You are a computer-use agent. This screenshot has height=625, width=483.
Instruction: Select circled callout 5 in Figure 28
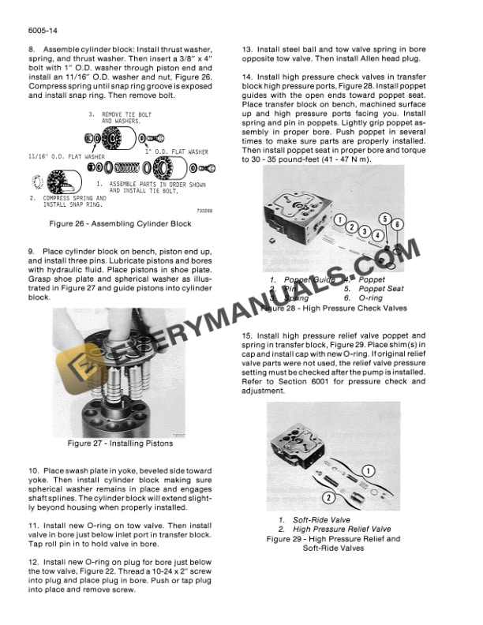pos(385,219)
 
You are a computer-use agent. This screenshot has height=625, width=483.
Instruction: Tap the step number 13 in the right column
pos(247,50)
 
